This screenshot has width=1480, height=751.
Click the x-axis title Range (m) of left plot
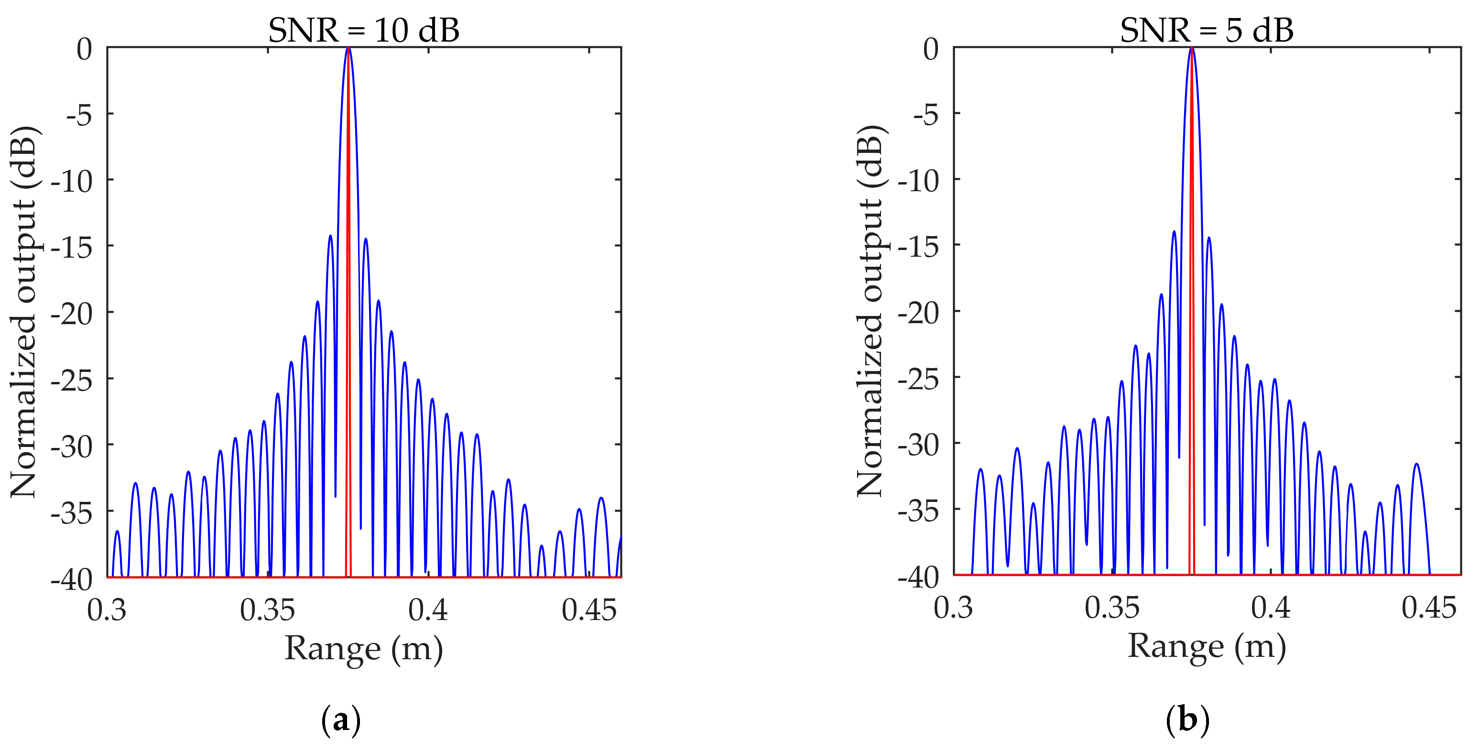click(364, 649)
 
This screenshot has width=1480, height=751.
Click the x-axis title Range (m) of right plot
click(1207, 646)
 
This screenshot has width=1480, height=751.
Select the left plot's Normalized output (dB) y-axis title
click(24, 311)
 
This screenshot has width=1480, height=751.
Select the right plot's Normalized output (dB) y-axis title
click(871, 310)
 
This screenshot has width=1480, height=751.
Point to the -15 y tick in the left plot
click(72, 247)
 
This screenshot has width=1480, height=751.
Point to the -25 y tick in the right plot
click(918, 378)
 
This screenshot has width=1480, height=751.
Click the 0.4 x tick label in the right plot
click(1270, 608)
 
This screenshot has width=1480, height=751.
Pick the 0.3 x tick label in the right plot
click(953, 608)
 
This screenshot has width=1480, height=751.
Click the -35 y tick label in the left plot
click(72, 512)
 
